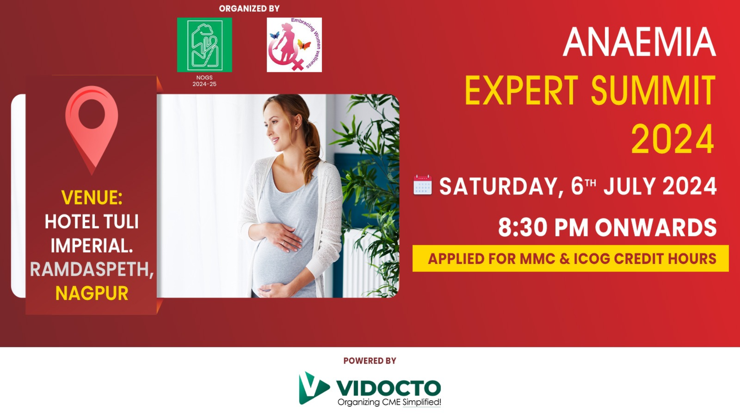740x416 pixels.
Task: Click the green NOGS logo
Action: point(204,45)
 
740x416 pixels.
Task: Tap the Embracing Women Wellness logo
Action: point(294,45)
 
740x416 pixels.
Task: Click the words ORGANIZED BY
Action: point(249,8)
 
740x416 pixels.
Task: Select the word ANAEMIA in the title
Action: point(639,42)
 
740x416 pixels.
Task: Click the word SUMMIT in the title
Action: point(653,91)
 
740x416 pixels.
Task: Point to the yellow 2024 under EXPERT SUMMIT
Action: point(673,139)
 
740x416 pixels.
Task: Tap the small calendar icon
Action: point(422,185)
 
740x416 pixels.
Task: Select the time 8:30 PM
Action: point(543,227)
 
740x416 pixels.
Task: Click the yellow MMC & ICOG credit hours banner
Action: point(570,258)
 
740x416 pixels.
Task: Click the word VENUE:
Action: point(92,198)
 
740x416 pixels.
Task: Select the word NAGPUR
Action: point(92,294)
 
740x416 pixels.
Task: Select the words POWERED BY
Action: point(370,361)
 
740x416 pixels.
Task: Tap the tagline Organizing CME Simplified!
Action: point(389,402)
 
